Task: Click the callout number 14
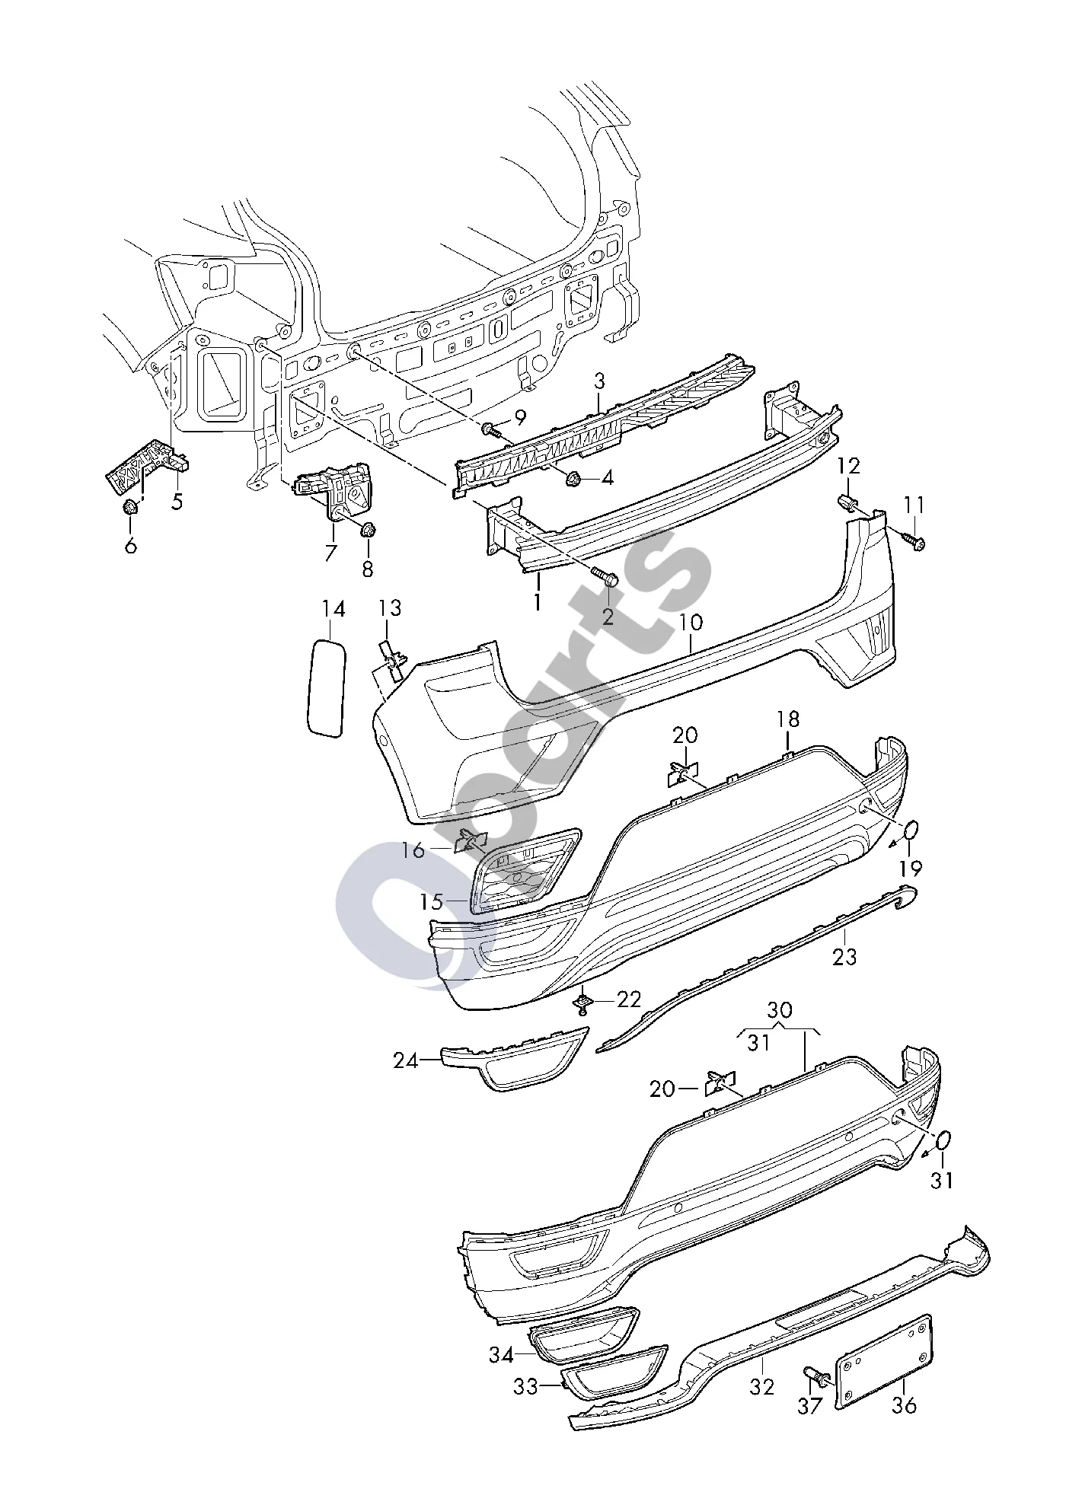click(333, 609)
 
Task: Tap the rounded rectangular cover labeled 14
click(326, 688)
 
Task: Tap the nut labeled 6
click(129, 506)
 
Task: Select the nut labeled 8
click(368, 531)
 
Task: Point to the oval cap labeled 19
click(911, 831)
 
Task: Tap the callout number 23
click(844, 956)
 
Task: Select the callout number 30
click(780, 1010)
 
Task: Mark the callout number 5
click(177, 502)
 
